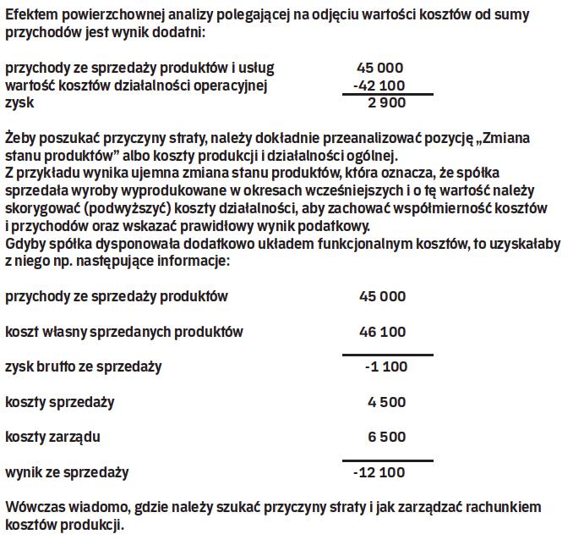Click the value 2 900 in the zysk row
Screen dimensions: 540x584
click(x=387, y=103)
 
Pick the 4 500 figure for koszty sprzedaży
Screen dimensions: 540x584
click(x=387, y=402)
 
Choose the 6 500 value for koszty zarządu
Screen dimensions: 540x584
click(x=387, y=437)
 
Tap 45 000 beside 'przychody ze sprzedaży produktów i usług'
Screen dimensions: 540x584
click(x=382, y=68)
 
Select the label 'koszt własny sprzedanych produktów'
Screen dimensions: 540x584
click(x=124, y=332)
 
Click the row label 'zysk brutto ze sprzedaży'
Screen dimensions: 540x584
click(x=84, y=366)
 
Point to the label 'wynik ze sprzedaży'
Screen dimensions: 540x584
click(x=68, y=471)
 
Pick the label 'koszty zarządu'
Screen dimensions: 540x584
click(x=53, y=437)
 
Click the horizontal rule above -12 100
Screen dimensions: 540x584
click(x=387, y=461)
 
